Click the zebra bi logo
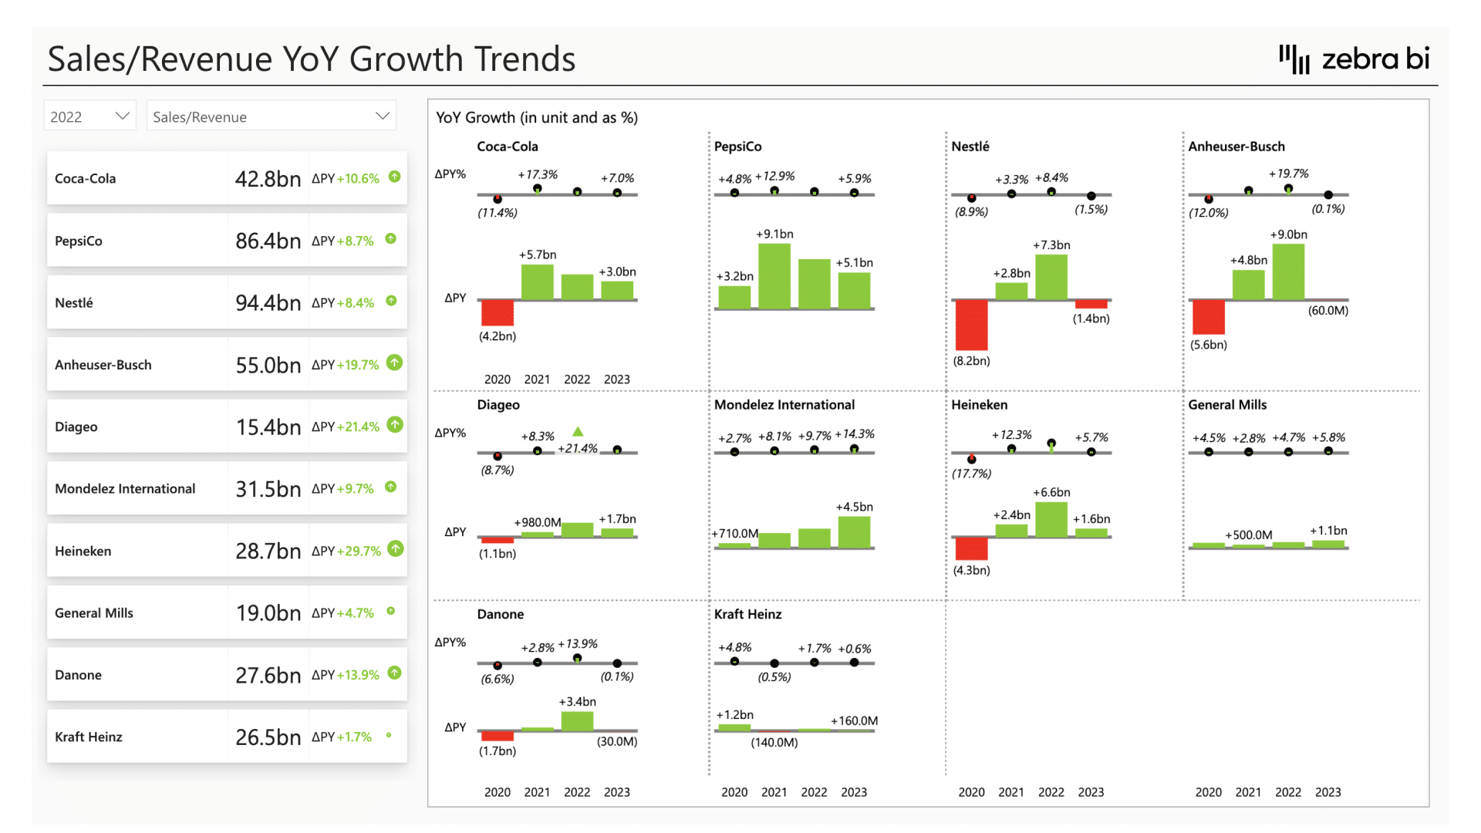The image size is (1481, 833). [x=1354, y=59]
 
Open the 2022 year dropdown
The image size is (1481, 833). [x=89, y=116]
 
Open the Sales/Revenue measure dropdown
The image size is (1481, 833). [x=271, y=116]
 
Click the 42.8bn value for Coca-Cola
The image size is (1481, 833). [x=268, y=179]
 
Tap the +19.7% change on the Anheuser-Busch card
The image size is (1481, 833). [x=358, y=365]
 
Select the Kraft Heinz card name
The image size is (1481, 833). [x=89, y=737]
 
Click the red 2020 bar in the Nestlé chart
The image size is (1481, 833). [x=971, y=325]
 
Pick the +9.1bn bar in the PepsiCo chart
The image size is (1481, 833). [x=774, y=276]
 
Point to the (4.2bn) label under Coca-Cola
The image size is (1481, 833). [x=498, y=336]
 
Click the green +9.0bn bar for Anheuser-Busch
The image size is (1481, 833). [x=1288, y=271]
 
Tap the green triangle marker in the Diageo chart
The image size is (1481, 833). [x=578, y=432]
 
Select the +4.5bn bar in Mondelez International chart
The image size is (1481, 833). [x=854, y=532]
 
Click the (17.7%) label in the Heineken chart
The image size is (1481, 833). [x=971, y=474]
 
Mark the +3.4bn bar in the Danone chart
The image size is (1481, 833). [x=577, y=720]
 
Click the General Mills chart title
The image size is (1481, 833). [x=1227, y=405]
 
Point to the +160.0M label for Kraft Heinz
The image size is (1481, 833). [x=854, y=721]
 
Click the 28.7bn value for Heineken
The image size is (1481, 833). [x=268, y=551]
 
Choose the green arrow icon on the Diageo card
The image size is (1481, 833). [x=395, y=425]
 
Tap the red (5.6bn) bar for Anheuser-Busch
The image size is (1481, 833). [x=1209, y=317]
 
